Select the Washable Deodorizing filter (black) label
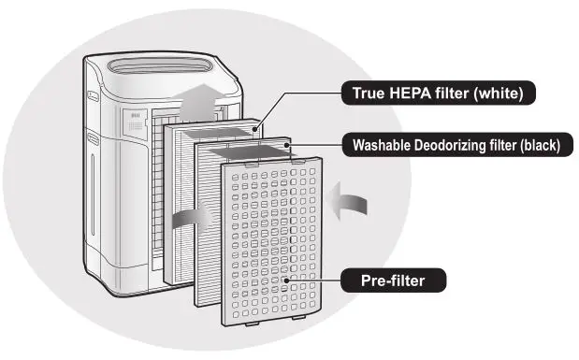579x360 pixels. click(456, 145)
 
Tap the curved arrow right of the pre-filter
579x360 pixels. click(352, 201)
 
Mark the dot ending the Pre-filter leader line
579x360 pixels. click(286, 279)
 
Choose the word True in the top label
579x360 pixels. click(369, 94)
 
